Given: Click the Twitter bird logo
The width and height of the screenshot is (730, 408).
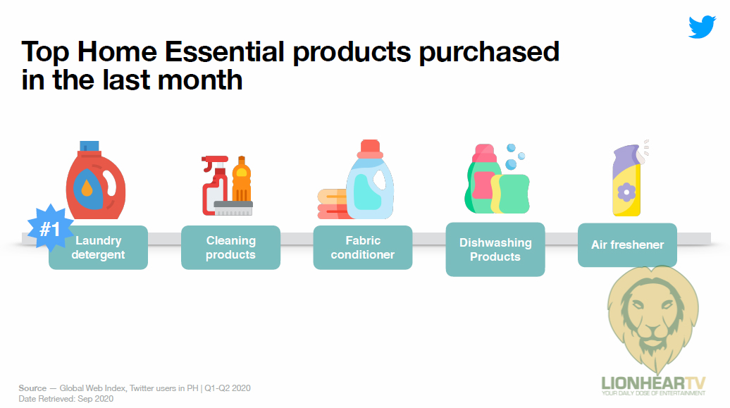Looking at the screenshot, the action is pyautogui.click(x=702, y=27).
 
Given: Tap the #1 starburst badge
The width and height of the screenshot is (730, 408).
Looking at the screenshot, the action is pyautogui.click(x=50, y=229).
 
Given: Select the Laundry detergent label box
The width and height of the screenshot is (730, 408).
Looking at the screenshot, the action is pyautogui.click(x=98, y=247).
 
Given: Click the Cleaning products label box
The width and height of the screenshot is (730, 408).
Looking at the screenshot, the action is pyautogui.click(x=230, y=247).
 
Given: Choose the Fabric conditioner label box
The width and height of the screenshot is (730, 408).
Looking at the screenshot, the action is pyautogui.click(x=363, y=247).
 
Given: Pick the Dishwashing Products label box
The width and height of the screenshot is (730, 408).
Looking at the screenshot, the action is pyautogui.click(x=495, y=249).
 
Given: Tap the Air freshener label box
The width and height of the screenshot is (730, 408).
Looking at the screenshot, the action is pyautogui.click(x=627, y=245).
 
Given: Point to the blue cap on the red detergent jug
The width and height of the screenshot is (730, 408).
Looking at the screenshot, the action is pyautogui.click(x=89, y=147).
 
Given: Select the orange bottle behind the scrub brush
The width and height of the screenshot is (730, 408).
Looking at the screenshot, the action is pyautogui.click(x=241, y=179).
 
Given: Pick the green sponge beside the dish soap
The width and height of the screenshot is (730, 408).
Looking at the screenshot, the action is pyautogui.click(x=511, y=194).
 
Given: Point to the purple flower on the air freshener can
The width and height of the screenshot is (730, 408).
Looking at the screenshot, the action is pyautogui.click(x=626, y=192).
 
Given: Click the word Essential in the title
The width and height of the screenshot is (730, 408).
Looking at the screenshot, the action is pyautogui.click(x=224, y=51).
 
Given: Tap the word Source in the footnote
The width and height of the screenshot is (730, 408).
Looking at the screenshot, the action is pyautogui.click(x=32, y=388).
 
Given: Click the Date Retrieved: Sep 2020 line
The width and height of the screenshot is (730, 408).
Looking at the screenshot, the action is pyautogui.click(x=66, y=399).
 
